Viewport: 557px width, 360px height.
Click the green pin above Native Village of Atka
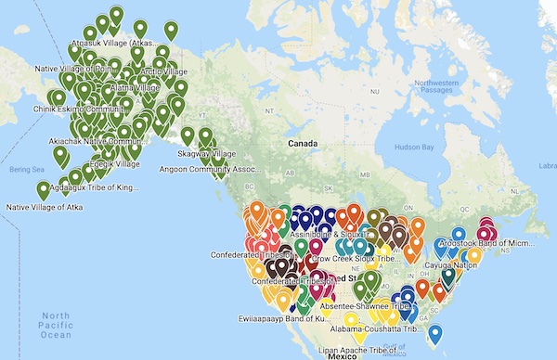43,189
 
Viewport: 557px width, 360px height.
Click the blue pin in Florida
434,332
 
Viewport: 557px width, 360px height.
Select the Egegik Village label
115,163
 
